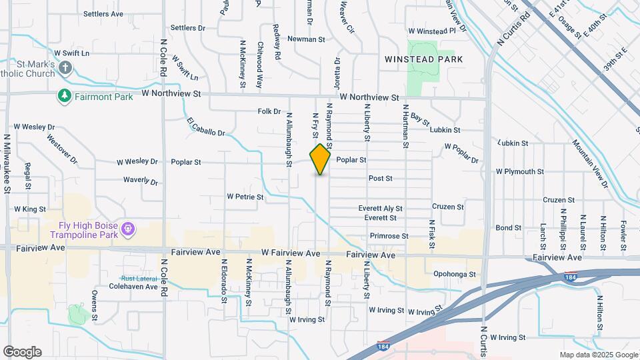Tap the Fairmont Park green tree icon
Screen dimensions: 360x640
(x=65, y=96)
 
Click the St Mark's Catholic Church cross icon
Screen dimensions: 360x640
(x=65, y=67)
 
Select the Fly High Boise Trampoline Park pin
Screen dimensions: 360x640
(x=129, y=230)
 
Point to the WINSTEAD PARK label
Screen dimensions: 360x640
(x=423, y=59)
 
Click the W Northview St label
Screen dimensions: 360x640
(x=369, y=97)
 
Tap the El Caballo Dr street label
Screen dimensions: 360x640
(x=206, y=127)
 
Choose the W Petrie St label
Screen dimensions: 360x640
(x=245, y=197)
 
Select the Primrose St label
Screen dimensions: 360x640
(x=390, y=236)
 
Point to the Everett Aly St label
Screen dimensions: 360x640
(x=380, y=208)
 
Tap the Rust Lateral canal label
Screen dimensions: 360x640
(x=137, y=279)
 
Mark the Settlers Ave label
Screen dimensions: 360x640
(x=103, y=13)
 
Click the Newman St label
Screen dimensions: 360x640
(x=311, y=39)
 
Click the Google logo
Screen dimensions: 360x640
(x=22, y=352)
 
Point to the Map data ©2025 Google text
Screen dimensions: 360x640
(x=598, y=355)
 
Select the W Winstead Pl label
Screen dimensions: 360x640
(x=432, y=31)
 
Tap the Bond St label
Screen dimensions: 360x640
(x=509, y=228)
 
